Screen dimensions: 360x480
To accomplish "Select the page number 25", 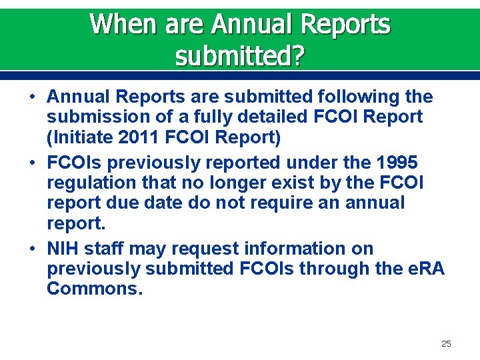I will click(x=446, y=343).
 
